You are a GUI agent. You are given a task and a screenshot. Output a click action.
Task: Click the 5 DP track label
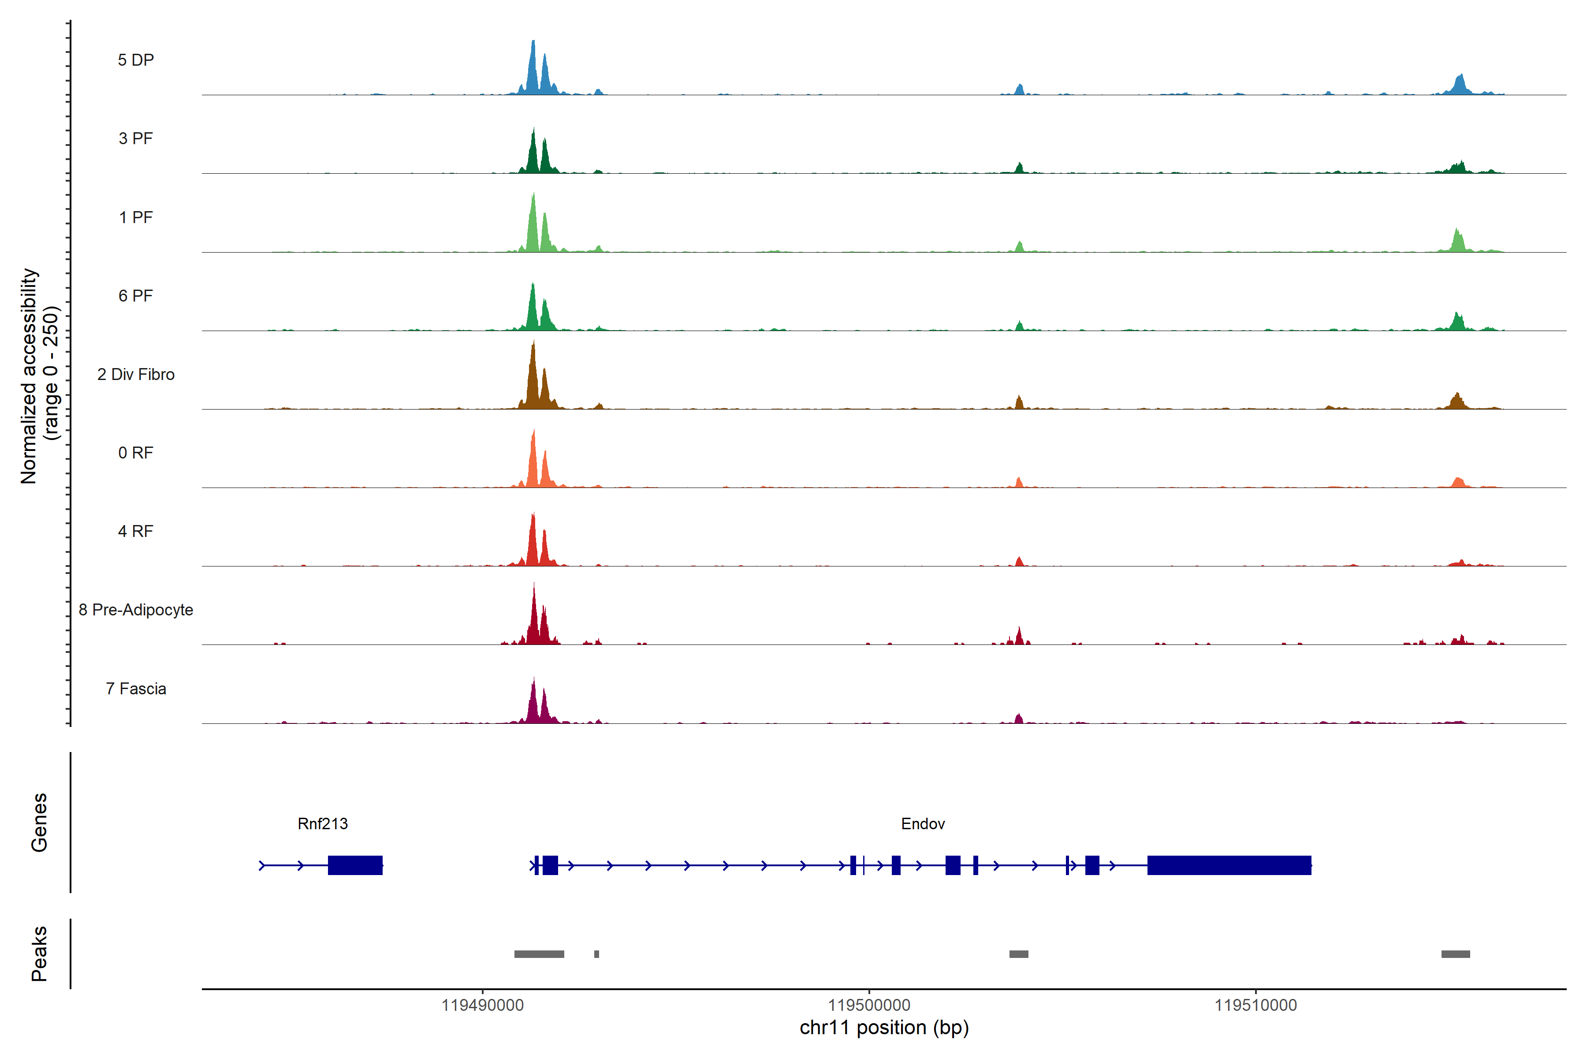tap(136, 60)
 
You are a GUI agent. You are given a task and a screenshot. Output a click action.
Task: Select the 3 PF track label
tap(136, 138)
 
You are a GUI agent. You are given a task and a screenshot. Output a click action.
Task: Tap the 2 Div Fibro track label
tap(136, 374)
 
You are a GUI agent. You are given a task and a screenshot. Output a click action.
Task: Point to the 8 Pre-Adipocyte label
tap(136, 610)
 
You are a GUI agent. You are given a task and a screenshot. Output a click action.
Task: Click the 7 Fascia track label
tap(136, 689)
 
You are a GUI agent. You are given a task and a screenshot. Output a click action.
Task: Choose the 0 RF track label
tap(136, 453)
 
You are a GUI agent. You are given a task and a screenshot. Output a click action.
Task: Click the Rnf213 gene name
tap(323, 824)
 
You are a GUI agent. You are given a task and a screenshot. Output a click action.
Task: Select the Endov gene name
tap(922, 824)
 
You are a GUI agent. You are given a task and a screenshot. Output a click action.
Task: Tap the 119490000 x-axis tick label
tap(482, 1006)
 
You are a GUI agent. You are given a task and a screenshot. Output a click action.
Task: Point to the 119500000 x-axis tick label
tap(869, 1006)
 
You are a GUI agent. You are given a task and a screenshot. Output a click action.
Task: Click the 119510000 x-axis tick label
tap(1255, 1006)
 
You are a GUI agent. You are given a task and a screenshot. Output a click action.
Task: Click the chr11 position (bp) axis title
tap(884, 1028)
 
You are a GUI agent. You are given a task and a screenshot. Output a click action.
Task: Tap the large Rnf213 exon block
tap(355, 865)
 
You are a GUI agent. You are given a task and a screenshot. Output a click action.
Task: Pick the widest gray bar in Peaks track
tap(539, 954)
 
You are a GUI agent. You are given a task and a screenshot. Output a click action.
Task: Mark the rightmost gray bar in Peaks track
tap(1456, 954)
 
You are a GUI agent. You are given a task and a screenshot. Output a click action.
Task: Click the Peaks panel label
tap(39, 954)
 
